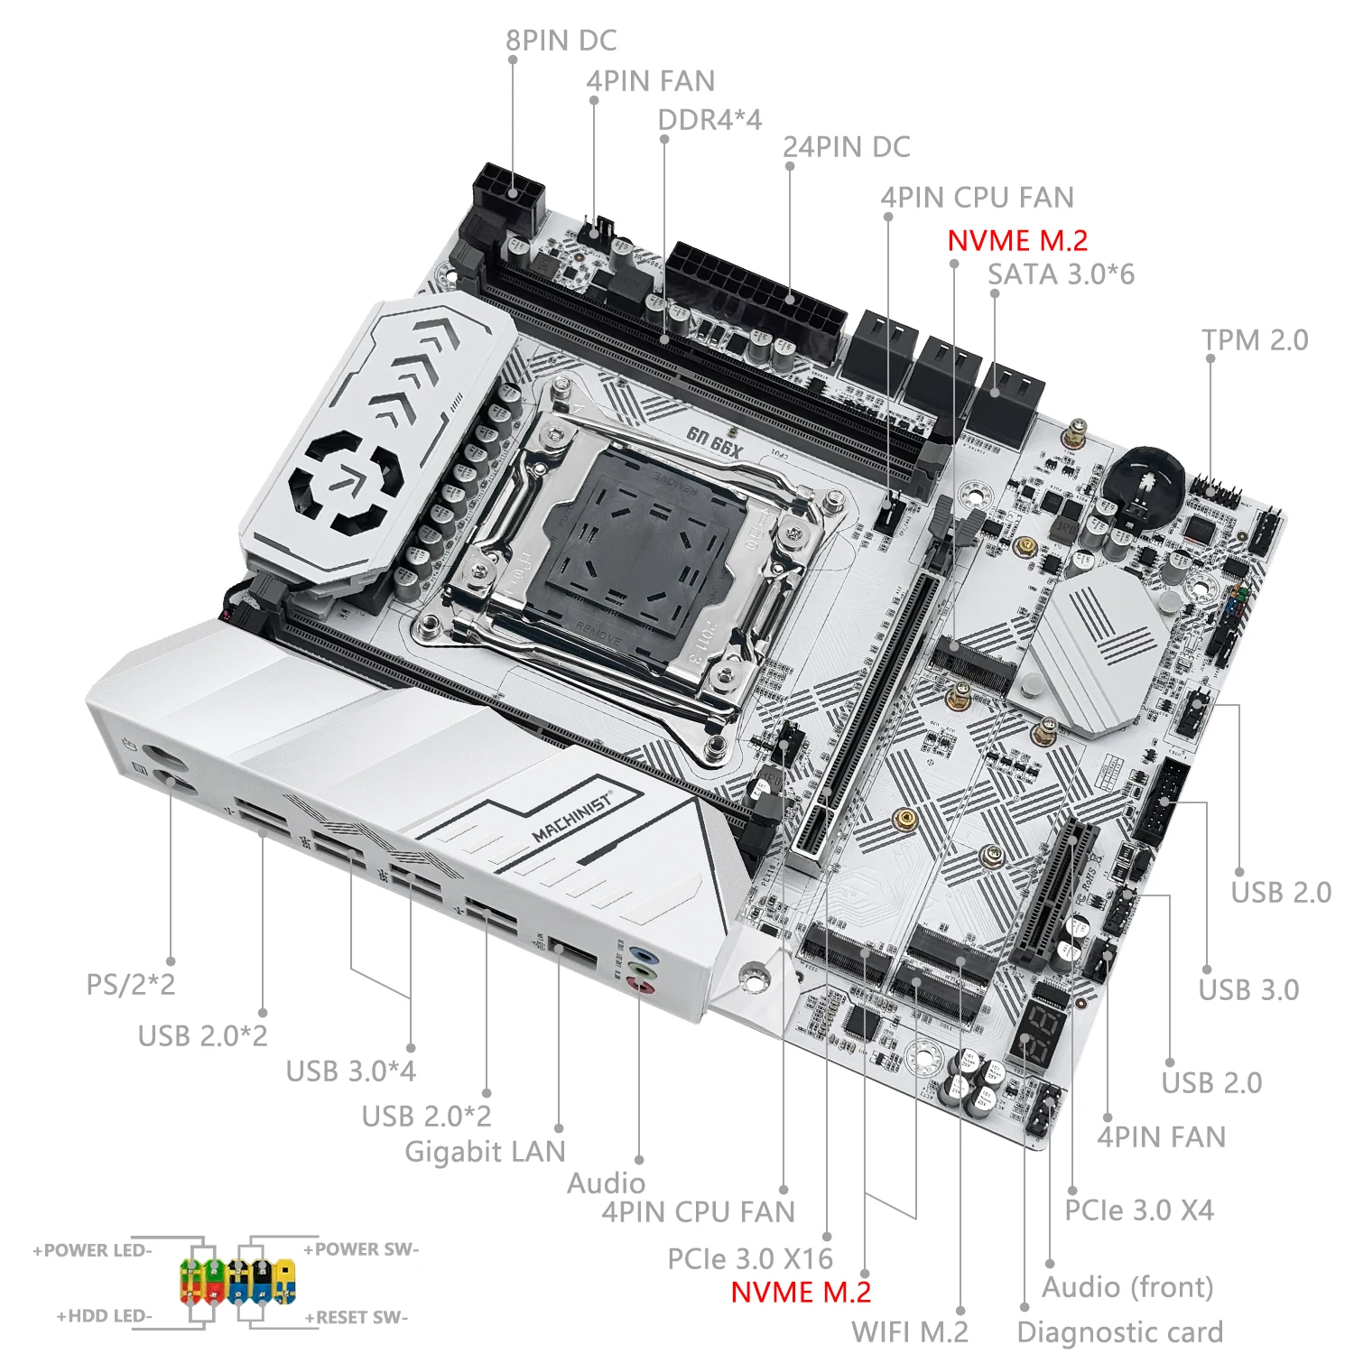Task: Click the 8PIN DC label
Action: [x=561, y=42]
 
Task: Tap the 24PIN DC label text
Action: [x=846, y=147]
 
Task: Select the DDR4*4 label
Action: [x=709, y=120]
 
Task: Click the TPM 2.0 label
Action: [x=1255, y=340]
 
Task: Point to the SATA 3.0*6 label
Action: [x=1061, y=274]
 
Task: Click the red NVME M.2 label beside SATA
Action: [x=1017, y=240]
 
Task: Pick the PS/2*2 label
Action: [x=131, y=984]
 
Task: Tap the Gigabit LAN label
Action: [x=485, y=1152]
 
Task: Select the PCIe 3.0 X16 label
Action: [x=750, y=1258]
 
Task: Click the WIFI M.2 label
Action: [x=909, y=1331]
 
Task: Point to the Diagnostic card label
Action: [x=1119, y=1331]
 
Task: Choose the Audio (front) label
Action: [x=1127, y=1287]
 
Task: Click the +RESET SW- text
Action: [x=356, y=1318]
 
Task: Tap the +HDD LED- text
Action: [x=105, y=1316]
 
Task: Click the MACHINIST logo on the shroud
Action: [x=572, y=818]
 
